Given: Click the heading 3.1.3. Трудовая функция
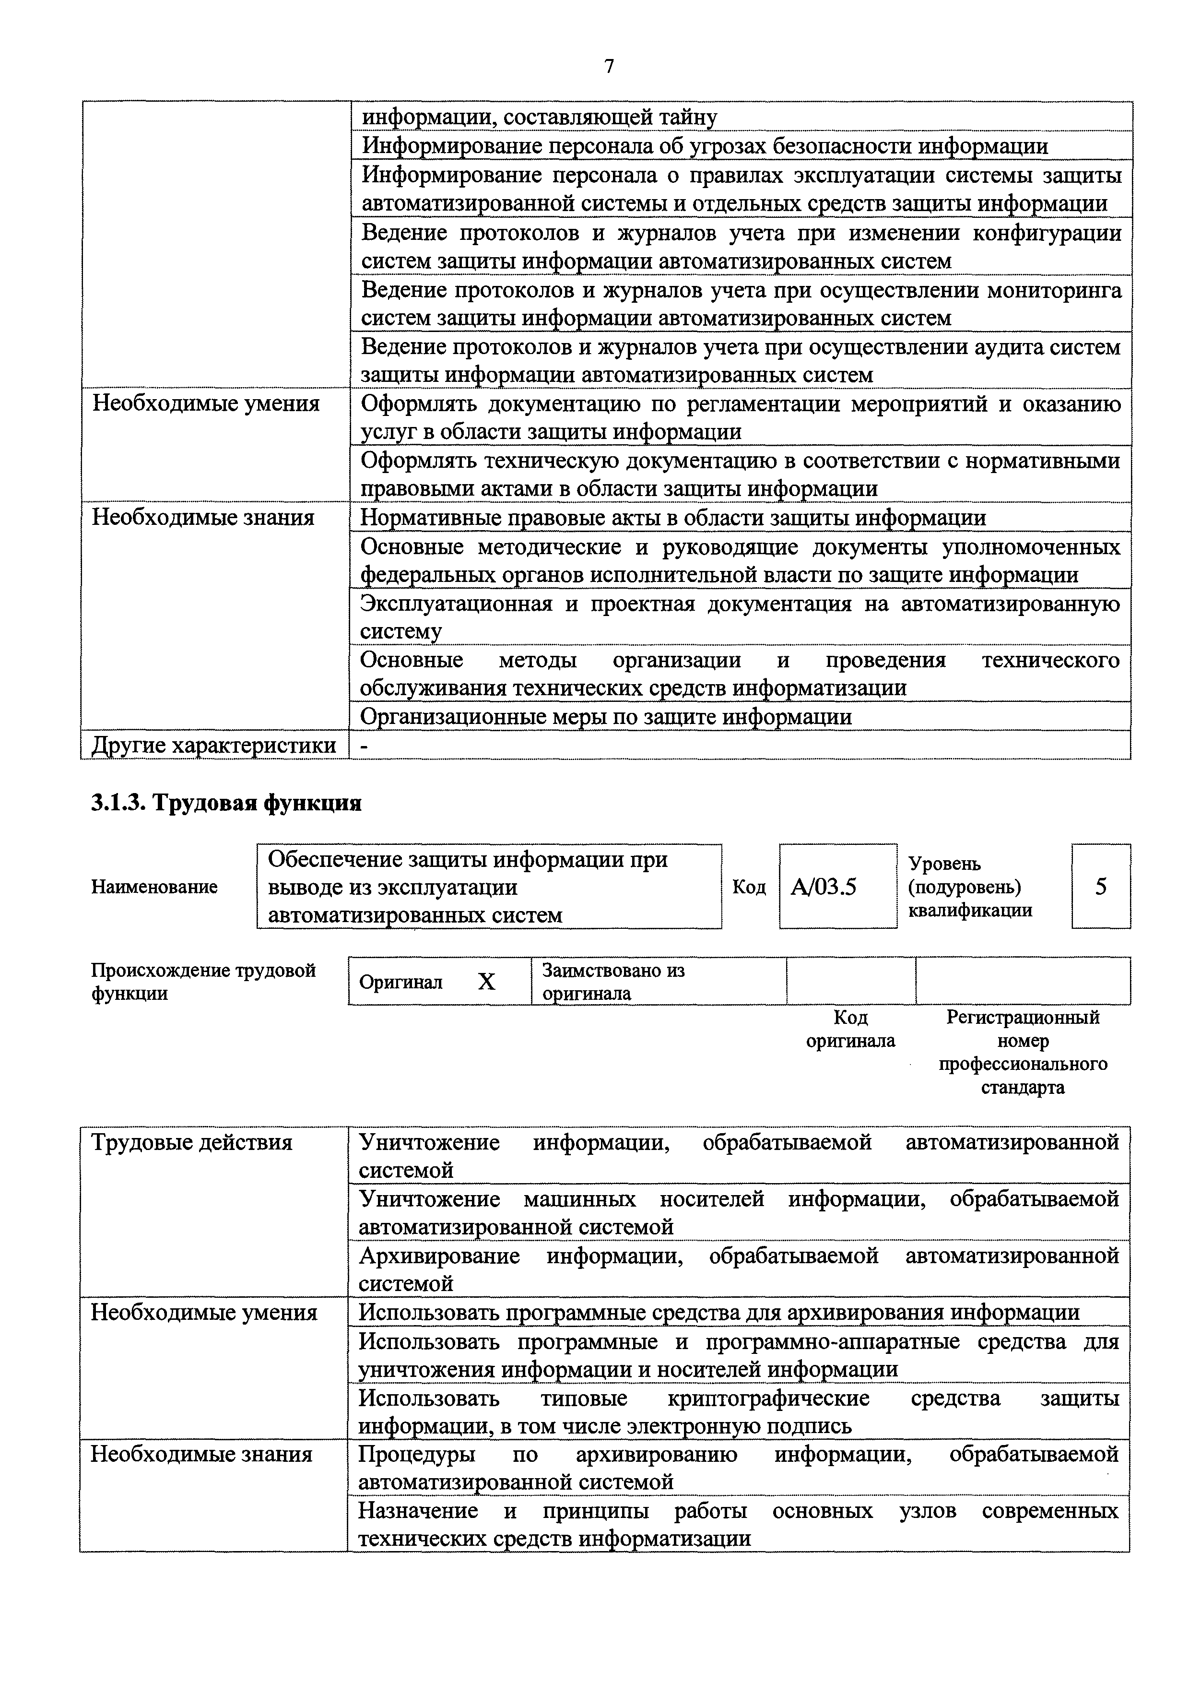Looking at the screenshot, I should [226, 804].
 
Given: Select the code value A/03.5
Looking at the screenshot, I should [824, 888].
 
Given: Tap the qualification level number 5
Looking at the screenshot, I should [1100, 888].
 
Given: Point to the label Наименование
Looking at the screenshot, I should [154, 887].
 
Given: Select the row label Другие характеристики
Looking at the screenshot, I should [213, 746].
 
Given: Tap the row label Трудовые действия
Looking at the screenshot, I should [191, 1143].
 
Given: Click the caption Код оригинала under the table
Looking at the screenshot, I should [850, 1029].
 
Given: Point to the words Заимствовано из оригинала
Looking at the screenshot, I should [612, 982].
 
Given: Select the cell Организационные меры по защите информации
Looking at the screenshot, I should [606, 716].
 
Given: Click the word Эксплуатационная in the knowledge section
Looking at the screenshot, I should [456, 604].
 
